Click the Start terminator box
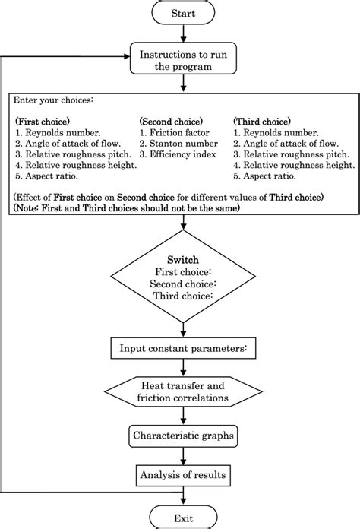pyautogui.click(x=182, y=14)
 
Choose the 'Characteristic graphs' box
pyautogui.click(x=182, y=436)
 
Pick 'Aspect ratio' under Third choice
pyautogui.click(x=267, y=175)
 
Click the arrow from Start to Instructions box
pyautogui.click(x=182, y=35)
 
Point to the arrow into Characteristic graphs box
pyautogui.click(x=182, y=417)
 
